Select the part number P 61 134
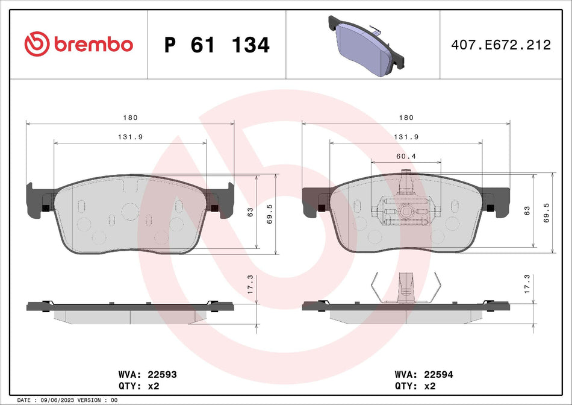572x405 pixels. tap(217, 45)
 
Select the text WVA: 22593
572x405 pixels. tap(147, 374)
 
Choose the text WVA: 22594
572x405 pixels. tap(423, 374)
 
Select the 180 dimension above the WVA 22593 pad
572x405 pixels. tap(130, 118)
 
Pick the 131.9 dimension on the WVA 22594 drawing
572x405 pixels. tap(406, 137)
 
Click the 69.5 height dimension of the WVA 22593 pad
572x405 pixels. tap(270, 213)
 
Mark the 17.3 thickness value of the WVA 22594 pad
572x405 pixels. tap(527, 284)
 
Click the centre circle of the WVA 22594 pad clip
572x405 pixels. tap(406, 212)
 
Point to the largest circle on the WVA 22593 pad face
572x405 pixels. tap(129, 211)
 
